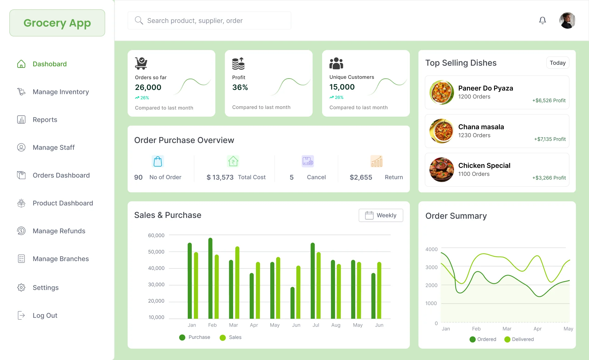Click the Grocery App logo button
57,23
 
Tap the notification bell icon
542,21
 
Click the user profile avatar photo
567,21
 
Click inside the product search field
209,21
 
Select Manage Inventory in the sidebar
60,92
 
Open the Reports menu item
45,120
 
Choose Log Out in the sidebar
45,315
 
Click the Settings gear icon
21,288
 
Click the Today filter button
557,63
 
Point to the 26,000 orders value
148,87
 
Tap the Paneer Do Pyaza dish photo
441,92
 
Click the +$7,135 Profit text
550,139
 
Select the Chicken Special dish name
484,166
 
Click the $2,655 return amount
361,177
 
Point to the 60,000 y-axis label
156,235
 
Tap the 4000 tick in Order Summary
431,250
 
